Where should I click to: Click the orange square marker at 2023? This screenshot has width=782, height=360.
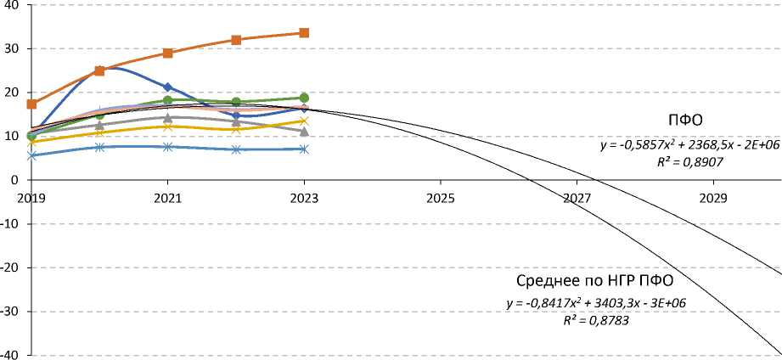(304, 33)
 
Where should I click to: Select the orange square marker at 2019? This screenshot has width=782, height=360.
(32, 104)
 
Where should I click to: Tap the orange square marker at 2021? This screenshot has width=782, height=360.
(168, 53)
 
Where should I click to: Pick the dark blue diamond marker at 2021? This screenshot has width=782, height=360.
(168, 87)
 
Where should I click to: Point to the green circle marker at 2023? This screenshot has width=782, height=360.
(304, 98)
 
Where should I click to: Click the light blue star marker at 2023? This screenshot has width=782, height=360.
(304, 149)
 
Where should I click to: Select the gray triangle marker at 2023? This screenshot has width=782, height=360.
(304, 131)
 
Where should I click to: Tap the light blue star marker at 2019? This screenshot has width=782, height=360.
(32, 155)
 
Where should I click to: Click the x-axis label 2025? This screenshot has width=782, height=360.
(440, 197)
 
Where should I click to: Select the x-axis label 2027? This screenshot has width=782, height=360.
(576, 197)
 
